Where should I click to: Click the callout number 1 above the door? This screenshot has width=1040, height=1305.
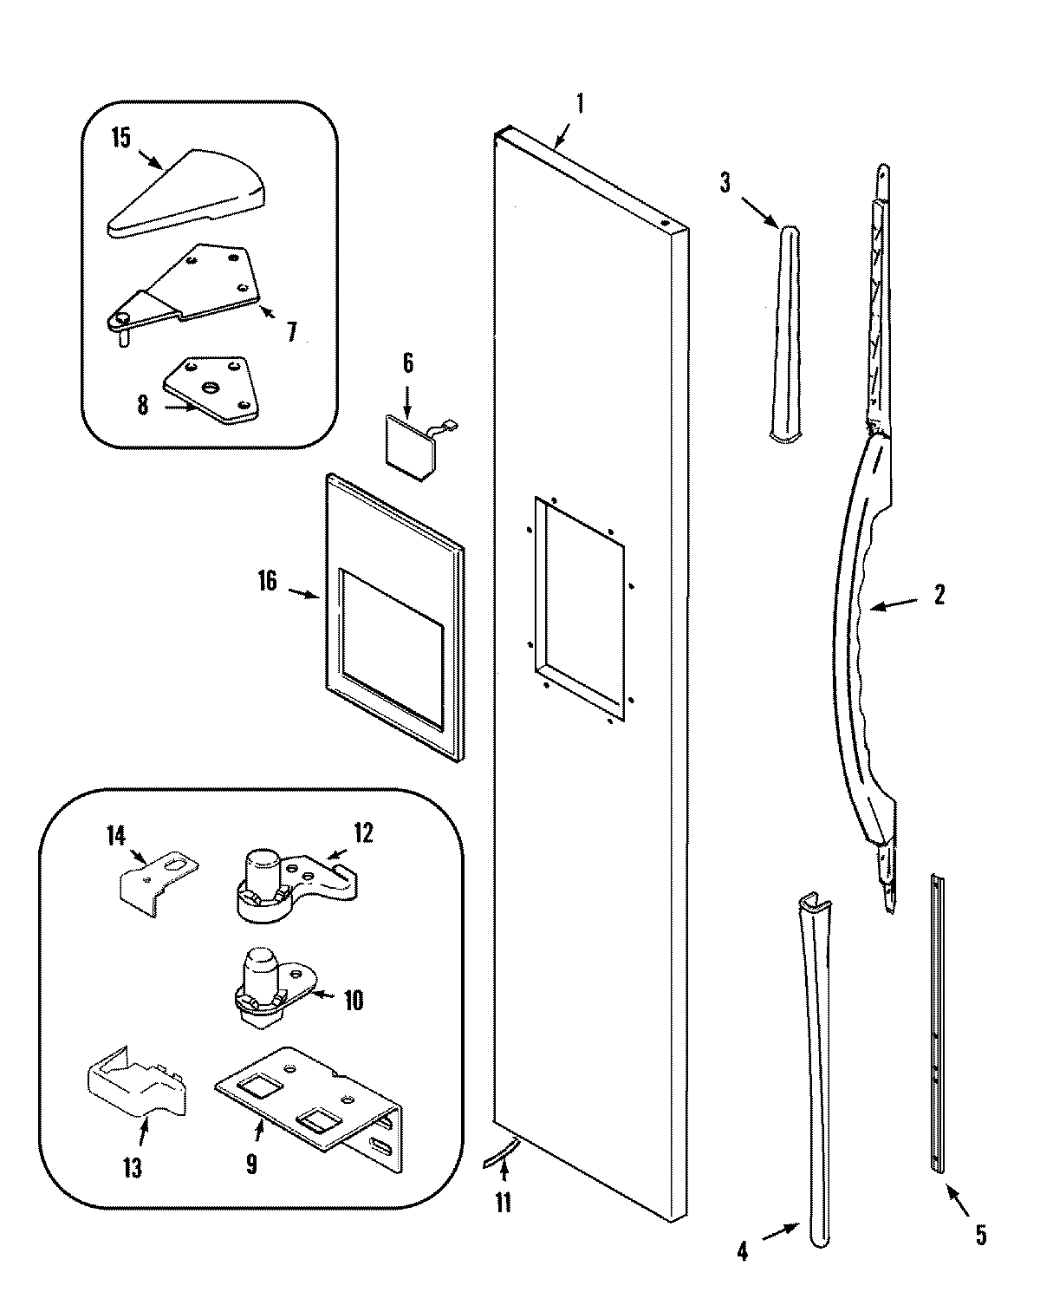(x=580, y=106)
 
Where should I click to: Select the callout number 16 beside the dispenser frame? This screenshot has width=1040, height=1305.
(x=267, y=582)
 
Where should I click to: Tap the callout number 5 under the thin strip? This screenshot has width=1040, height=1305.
(x=980, y=1235)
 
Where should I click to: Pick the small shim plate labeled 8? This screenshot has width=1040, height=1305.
(x=211, y=387)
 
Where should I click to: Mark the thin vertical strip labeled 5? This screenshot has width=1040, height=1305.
(x=937, y=1023)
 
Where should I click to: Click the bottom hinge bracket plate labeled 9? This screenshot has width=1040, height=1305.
(x=312, y=1101)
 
